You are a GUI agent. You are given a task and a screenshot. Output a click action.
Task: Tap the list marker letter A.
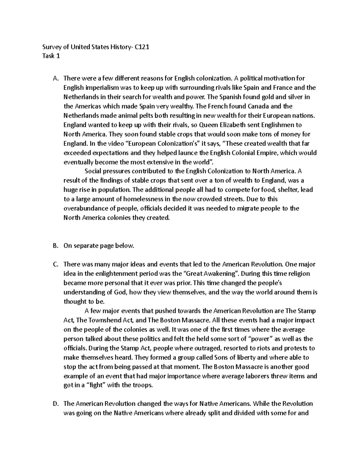point(55,79)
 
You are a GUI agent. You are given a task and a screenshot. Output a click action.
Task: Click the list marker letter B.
point(55,246)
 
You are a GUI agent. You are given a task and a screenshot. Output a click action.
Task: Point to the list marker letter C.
point(55,264)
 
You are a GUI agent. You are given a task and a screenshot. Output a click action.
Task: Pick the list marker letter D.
point(55,404)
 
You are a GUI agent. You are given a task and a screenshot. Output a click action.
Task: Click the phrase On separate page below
point(99,246)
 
